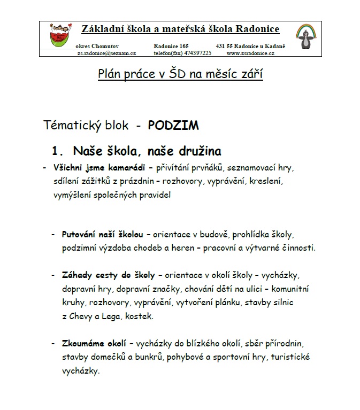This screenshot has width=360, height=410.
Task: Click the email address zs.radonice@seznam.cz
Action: point(106,53)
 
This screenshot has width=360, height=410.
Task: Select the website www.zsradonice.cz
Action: point(250,53)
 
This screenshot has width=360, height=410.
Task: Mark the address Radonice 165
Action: point(171,47)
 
